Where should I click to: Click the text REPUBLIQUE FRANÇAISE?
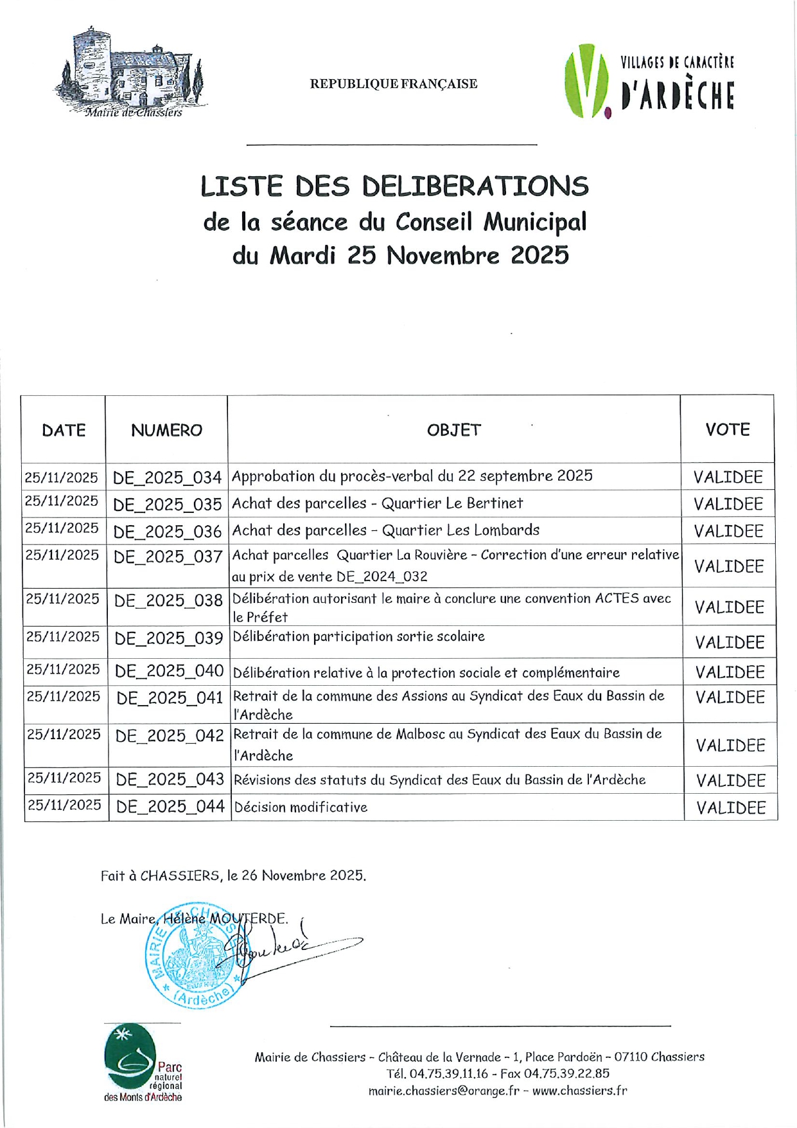pos(394,84)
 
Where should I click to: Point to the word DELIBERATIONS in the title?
pos(475,186)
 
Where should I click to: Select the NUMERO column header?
pos(166,430)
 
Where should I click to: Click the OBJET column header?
pos(453,430)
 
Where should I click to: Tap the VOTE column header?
pos(727,429)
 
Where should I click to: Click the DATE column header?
pos(64,430)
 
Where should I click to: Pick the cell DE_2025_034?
pos(167,478)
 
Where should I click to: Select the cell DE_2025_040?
pos(169,672)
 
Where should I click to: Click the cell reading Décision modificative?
pos(301,807)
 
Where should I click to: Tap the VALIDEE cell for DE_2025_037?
pos(729,566)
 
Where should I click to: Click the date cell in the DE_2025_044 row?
pos(65,805)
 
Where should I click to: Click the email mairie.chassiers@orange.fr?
pos(444,1091)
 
